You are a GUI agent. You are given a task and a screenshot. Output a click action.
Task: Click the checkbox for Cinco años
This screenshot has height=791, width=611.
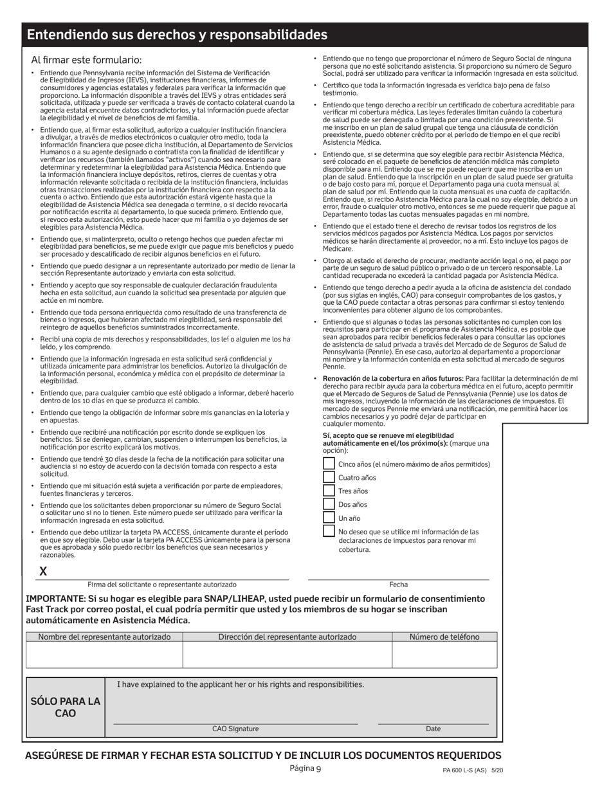[329, 464]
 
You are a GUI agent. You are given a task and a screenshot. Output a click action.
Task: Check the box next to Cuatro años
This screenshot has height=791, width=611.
[329, 477]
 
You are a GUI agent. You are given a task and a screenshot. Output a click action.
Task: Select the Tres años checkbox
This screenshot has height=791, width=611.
[329, 491]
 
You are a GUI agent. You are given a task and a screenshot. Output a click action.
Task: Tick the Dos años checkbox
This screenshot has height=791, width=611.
[329, 504]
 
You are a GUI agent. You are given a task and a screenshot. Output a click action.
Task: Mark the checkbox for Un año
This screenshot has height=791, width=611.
[329, 518]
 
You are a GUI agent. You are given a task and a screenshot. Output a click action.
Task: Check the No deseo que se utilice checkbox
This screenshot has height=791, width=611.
[329, 532]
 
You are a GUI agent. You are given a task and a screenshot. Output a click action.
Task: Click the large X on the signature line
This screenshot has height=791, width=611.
[43, 571]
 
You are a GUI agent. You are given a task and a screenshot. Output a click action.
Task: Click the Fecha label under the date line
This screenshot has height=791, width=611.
[398, 585]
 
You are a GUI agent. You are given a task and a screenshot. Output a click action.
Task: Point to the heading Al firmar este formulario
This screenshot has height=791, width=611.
[86, 59]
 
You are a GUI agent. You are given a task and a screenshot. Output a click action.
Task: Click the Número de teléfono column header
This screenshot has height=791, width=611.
[444, 637]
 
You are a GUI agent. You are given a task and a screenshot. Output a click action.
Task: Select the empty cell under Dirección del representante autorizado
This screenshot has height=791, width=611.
[287, 655]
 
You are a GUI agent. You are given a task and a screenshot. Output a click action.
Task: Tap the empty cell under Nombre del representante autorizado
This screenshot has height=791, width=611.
[104, 655]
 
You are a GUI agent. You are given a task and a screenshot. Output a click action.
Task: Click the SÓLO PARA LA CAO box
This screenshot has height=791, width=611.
[66, 707]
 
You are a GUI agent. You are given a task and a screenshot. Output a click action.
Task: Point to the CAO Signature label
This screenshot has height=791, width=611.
[235, 729]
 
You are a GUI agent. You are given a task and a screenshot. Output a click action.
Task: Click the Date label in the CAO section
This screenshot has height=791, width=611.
[433, 729]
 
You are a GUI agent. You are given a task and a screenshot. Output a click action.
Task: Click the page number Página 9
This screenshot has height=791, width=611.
[305, 768]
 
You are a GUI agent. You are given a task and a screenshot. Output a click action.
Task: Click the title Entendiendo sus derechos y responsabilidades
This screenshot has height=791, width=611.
[177, 35]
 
